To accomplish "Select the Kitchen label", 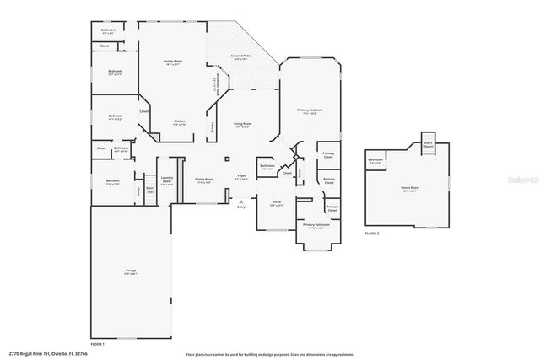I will [179, 122].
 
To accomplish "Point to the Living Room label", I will [243, 125].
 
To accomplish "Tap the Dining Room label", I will [204, 180].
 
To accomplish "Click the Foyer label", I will [241, 177].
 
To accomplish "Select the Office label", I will [276, 203].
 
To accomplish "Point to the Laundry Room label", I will [166, 179].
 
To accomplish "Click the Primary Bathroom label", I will [316, 226].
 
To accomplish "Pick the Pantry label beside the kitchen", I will [212, 126].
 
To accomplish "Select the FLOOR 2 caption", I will [371, 233].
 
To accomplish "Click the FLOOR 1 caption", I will [97, 344].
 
